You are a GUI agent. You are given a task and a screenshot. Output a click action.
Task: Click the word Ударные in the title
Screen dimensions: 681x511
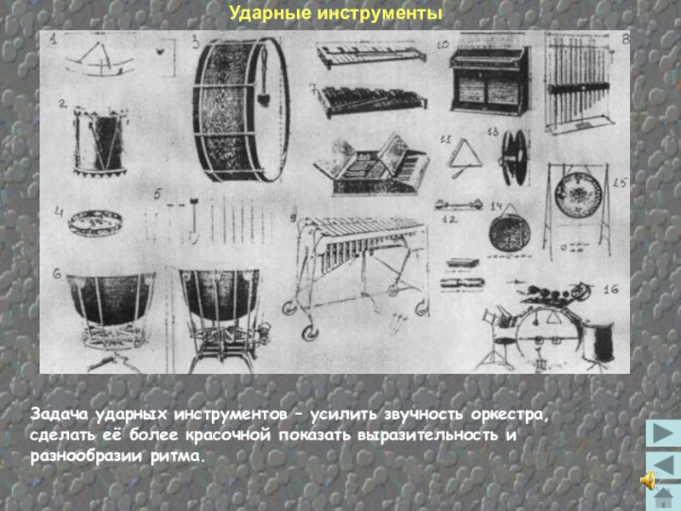(270, 14)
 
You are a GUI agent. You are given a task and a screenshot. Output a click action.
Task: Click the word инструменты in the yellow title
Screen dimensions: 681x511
(380, 14)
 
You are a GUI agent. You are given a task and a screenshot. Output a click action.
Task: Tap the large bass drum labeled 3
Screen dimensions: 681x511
(242, 109)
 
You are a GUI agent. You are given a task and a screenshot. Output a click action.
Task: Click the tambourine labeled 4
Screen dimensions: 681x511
(95, 223)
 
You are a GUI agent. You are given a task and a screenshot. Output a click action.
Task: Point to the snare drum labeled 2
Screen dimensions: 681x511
(100, 142)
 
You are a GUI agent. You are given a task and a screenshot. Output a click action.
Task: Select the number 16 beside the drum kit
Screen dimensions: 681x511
(610, 290)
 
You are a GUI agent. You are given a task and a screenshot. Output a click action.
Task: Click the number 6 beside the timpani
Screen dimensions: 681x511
(57, 274)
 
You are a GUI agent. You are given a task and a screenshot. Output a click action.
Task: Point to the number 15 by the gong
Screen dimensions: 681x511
(620, 182)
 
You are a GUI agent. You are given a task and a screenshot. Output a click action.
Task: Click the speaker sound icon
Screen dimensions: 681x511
(648, 480)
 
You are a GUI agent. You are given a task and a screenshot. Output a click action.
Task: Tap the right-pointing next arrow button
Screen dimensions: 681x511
(663, 433)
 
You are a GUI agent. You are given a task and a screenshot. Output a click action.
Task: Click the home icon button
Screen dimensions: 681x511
(663, 498)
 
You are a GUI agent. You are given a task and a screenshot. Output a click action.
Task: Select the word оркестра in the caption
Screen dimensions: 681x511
(510, 416)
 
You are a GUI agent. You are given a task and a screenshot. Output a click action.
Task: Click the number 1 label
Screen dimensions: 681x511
(54, 40)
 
